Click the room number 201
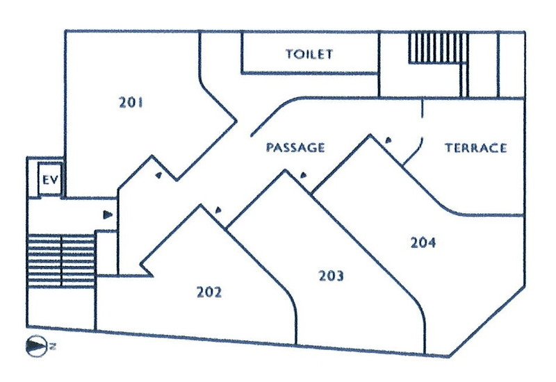click(131, 102)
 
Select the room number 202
click(209, 292)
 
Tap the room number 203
click(332, 276)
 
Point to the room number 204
click(423, 242)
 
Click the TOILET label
click(309, 54)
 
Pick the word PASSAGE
click(295, 147)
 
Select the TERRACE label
click(475, 147)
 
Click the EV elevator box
click(50, 179)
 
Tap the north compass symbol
click(36, 345)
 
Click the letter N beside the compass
click(53, 346)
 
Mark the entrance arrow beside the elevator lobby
click(108, 215)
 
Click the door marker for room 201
click(159, 175)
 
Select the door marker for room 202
click(219, 210)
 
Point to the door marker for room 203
click(304, 175)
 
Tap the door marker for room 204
click(389, 140)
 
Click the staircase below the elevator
click(61, 260)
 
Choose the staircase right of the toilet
click(439, 48)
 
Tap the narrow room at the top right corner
click(511, 65)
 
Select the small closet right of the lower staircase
click(107, 253)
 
